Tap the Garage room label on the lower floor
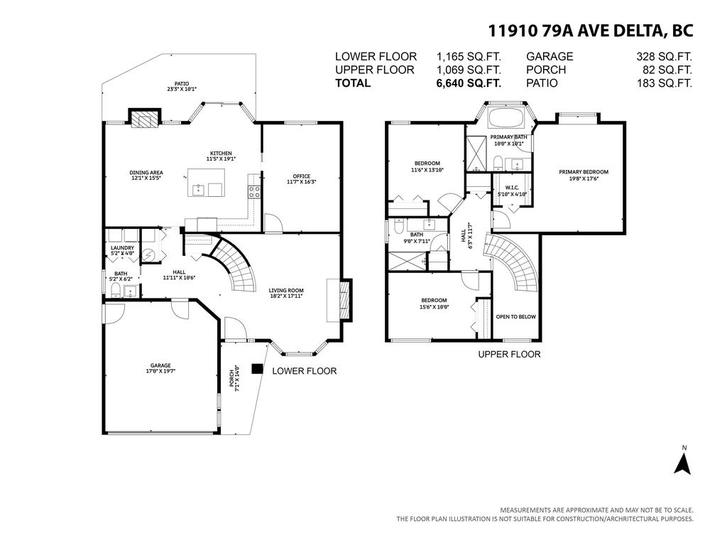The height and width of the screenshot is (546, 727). click(160, 368)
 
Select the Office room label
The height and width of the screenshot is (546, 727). click(302, 179)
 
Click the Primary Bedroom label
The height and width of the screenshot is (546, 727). click(583, 175)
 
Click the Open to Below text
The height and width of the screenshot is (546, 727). click(515, 317)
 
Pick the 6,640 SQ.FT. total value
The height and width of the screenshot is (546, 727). click(469, 83)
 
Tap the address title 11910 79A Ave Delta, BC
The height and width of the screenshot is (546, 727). click(590, 31)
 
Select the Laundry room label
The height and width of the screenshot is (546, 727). click(122, 250)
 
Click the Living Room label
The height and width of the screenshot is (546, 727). click(285, 292)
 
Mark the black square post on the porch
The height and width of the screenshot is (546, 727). click(257, 370)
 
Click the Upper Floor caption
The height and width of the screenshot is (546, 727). click(509, 354)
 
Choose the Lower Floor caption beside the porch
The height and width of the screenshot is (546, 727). click(304, 371)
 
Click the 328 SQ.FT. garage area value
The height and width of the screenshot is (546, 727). click(665, 57)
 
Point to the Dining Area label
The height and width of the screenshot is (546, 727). click(146, 175)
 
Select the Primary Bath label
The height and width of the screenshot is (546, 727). click(508, 139)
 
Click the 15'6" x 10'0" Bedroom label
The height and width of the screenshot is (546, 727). click(433, 303)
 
